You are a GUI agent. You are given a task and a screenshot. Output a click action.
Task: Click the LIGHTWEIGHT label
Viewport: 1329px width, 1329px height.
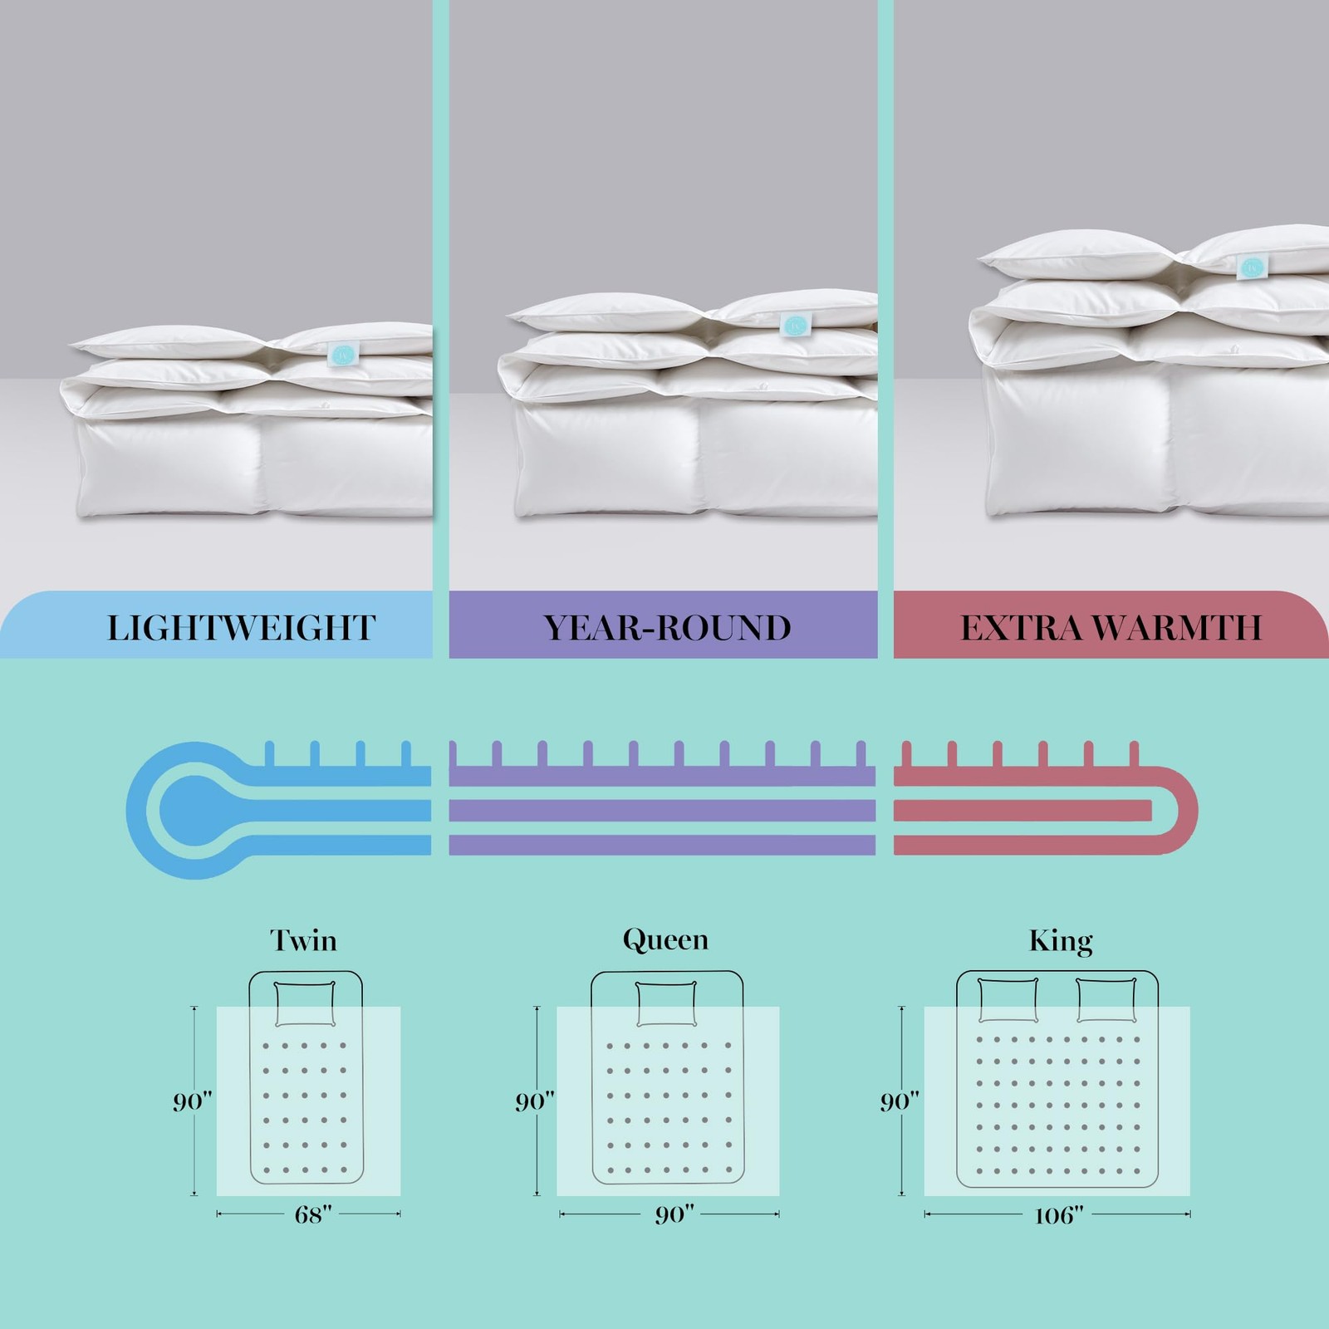tap(241, 628)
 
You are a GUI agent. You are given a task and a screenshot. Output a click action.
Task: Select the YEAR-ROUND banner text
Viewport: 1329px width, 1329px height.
tap(667, 628)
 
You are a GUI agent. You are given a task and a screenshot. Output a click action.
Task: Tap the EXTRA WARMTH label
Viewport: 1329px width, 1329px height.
tap(1111, 628)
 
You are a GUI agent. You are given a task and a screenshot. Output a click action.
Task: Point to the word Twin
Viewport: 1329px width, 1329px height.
tap(303, 940)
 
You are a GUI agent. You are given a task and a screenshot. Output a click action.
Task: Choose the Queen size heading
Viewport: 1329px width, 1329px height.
tap(665, 940)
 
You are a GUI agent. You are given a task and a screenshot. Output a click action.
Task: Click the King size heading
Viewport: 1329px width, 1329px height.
tap(1061, 941)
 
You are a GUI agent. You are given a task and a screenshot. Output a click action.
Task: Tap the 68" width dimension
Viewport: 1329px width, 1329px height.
tap(313, 1214)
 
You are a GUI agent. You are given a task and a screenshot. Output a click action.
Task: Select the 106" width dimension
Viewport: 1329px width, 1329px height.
tap(1059, 1216)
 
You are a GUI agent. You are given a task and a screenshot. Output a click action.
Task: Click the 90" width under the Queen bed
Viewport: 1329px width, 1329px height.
tap(674, 1215)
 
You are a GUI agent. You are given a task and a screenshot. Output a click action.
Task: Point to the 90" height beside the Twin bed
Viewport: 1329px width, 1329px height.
tap(193, 1101)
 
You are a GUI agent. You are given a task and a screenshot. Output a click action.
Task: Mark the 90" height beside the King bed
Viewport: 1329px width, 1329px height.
tap(900, 1101)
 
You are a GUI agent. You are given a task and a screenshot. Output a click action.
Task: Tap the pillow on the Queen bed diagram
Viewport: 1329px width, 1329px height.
tap(666, 1003)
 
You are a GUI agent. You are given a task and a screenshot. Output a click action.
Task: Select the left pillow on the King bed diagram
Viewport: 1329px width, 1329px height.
tap(1008, 1000)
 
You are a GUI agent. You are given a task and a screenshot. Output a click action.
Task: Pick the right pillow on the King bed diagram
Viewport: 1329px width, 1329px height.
tap(1106, 1000)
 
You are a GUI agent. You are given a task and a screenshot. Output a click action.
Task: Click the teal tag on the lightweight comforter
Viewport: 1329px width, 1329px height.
tap(341, 353)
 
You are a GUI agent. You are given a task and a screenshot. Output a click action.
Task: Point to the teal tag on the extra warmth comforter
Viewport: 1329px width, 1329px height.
tap(1251, 267)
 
